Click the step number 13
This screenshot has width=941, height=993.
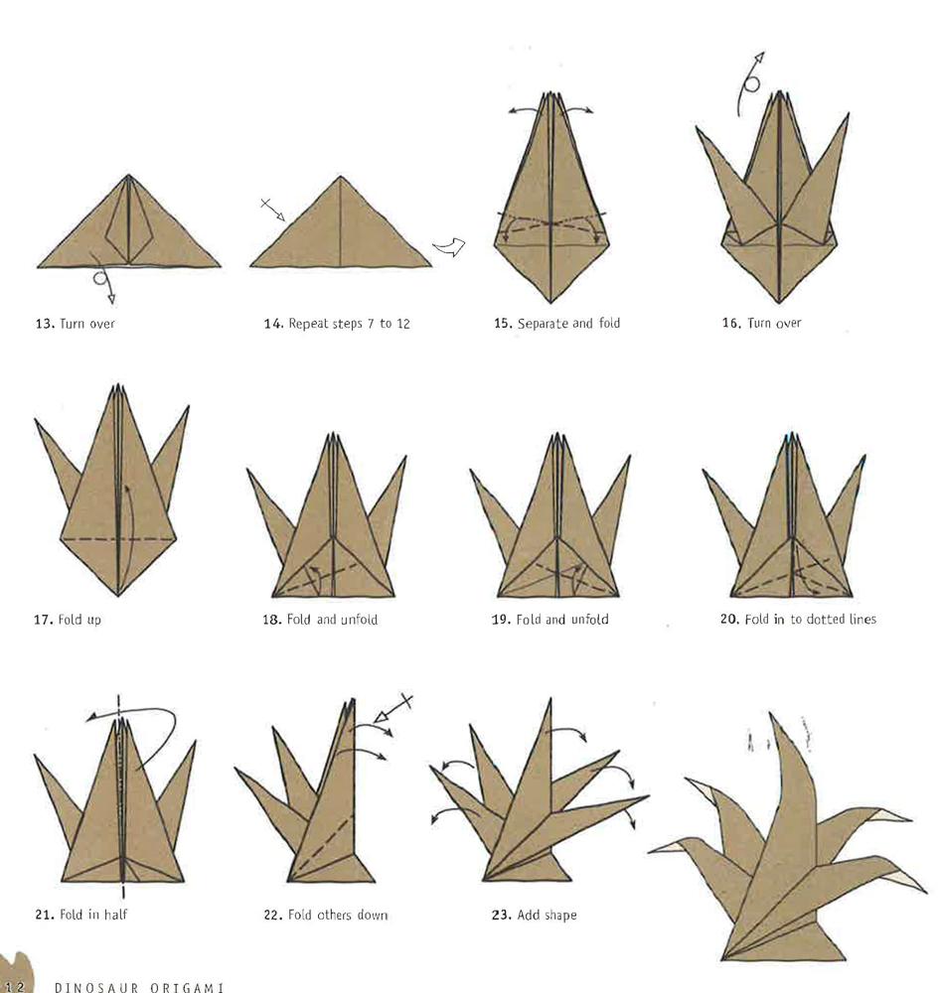[44, 324]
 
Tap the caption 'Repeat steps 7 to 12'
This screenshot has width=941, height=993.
[349, 324]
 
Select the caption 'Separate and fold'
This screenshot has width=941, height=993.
[568, 323]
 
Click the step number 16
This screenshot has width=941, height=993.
[731, 323]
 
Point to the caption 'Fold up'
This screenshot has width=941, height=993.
[79, 620]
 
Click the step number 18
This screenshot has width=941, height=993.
[272, 620]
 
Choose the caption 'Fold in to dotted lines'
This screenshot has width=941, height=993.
[811, 619]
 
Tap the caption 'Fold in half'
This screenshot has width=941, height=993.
[93, 915]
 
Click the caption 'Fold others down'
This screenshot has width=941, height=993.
[338, 915]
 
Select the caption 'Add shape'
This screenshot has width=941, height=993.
[547, 916]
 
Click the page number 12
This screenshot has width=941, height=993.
[14, 986]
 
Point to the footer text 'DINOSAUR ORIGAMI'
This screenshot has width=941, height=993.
[139, 987]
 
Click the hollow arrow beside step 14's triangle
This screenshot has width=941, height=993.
[449, 246]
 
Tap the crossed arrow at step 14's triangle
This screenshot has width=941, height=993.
[273, 209]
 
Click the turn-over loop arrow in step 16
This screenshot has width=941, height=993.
[746, 85]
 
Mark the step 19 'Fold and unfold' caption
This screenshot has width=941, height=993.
[562, 620]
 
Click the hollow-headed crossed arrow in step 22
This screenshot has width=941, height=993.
[392, 709]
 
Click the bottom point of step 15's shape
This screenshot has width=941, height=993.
[550, 302]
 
